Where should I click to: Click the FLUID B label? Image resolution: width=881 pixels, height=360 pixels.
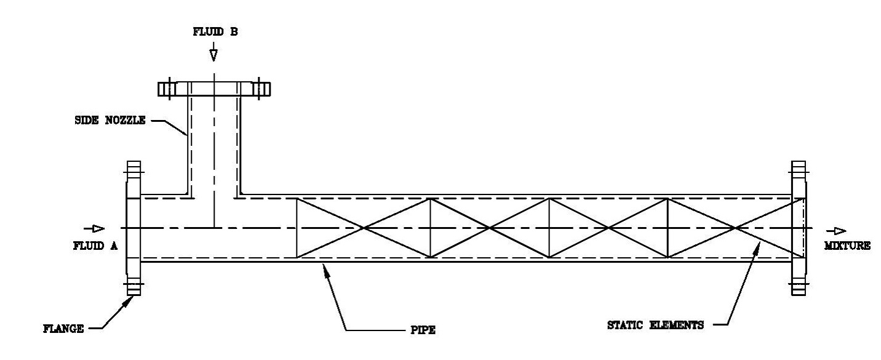click(x=215, y=32)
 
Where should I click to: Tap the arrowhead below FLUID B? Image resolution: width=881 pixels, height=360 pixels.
click(x=213, y=55)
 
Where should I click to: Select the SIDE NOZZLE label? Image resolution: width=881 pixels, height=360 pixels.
click(x=110, y=120)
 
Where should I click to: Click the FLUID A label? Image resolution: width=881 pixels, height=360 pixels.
click(x=95, y=246)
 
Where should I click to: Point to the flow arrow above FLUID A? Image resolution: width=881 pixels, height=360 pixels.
click(x=94, y=228)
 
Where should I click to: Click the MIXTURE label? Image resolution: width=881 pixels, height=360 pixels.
click(x=847, y=246)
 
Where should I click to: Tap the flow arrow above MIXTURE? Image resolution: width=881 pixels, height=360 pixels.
click(x=836, y=231)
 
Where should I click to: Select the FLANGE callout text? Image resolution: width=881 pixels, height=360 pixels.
click(x=63, y=329)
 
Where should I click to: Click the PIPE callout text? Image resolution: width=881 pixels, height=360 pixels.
click(x=423, y=330)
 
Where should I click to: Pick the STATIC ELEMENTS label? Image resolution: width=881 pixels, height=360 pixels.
click(x=655, y=326)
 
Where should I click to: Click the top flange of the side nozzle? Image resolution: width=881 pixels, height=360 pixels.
click(x=214, y=89)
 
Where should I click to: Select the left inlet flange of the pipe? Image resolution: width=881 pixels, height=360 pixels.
click(x=134, y=228)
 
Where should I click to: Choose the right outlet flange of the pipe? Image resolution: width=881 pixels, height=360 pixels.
click(x=799, y=228)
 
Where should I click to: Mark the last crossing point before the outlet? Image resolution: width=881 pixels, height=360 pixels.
click(x=735, y=228)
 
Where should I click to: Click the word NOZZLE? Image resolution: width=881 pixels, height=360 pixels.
click(x=126, y=120)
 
